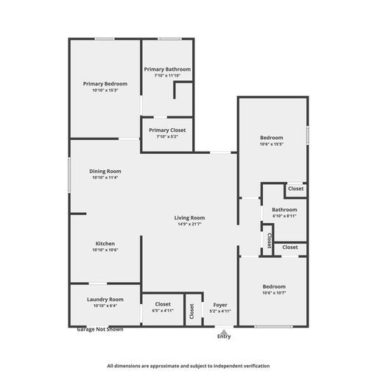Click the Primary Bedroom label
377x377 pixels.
click(x=105, y=84)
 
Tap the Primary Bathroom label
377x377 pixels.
click(x=167, y=69)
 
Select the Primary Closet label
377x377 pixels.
click(x=167, y=130)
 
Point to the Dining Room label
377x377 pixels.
click(x=105, y=171)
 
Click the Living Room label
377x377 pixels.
click(x=189, y=218)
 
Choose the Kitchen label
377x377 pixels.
click(x=105, y=244)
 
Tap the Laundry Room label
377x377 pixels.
click(x=105, y=300)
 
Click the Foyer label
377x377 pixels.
click(x=220, y=304)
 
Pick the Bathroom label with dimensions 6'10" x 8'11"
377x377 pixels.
click(x=284, y=210)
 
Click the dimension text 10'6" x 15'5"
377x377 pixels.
click(x=272, y=144)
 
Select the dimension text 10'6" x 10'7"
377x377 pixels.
click(x=272, y=292)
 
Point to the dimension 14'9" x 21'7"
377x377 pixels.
click(x=189, y=224)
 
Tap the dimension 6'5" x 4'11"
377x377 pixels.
click(x=163, y=311)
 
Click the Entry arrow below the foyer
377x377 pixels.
click(x=223, y=331)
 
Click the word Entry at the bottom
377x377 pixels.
click(x=223, y=337)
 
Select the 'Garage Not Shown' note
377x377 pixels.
click(x=100, y=330)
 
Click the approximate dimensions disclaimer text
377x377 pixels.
click(x=188, y=365)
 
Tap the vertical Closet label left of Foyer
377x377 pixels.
click(x=191, y=311)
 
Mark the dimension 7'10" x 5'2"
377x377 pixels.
click(x=167, y=137)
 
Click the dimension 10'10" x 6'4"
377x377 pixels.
click(x=105, y=306)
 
